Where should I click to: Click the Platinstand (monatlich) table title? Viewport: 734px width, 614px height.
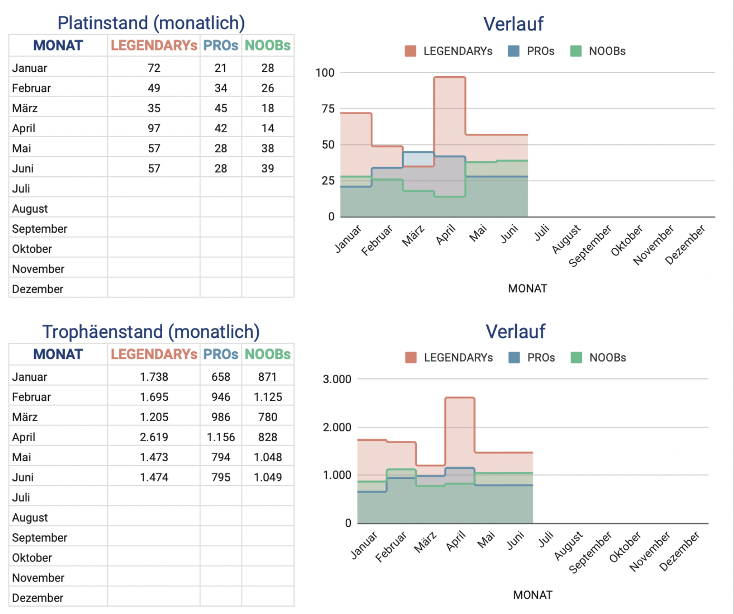tap(151, 23)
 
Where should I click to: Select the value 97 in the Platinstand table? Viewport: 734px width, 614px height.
tap(154, 128)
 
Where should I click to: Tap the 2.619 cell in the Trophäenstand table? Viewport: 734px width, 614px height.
tap(154, 437)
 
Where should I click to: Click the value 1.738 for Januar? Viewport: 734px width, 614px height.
tap(154, 377)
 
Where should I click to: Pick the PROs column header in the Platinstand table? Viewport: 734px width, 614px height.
tap(221, 45)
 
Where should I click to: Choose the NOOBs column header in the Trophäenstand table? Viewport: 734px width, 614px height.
tap(268, 354)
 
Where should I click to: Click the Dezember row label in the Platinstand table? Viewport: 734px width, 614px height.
tap(38, 289)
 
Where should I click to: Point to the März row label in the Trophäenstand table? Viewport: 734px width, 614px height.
tap(25, 417)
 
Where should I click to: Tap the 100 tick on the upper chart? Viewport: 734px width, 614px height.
tap(325, 73)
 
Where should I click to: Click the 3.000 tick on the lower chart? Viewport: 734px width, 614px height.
tap(337, 379)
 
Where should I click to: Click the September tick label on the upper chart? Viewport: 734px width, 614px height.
tap(590, 246)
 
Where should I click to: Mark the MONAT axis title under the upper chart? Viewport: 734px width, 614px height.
tap(527, 288)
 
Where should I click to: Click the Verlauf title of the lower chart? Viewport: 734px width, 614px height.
tap(515, 331)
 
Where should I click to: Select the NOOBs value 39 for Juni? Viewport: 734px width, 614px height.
tap(268, 168)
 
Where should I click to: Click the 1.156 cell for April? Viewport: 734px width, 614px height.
tap(221, 437)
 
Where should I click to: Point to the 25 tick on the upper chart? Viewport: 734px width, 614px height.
tap(328, 181)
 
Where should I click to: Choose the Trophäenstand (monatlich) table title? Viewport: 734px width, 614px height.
tap(151, 332)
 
